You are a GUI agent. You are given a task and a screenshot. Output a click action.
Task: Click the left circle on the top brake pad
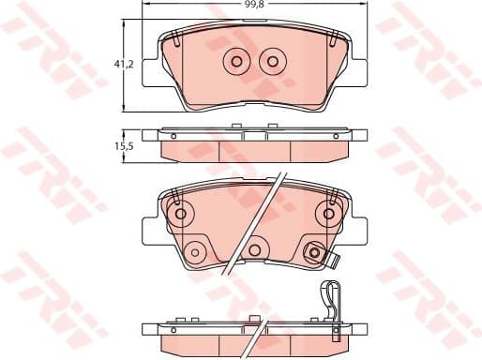(235, 62)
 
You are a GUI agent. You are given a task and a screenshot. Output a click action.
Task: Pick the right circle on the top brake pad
(272, 62)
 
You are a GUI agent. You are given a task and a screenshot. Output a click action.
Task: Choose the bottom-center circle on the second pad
(253, 251)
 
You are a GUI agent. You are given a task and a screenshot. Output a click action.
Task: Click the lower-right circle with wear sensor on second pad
(313, 251)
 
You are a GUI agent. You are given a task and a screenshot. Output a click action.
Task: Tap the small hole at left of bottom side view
(173, 327)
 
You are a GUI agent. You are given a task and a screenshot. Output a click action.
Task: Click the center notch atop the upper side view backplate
(253, 133)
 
